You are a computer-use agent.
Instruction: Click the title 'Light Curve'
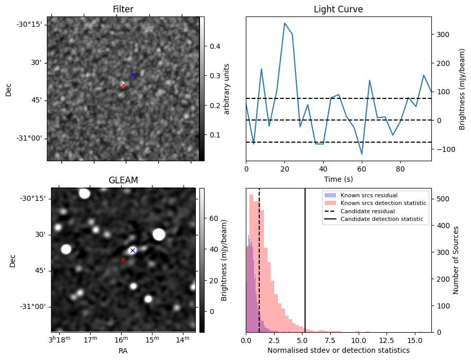tap(338, 9)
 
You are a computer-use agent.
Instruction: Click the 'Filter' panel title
tap(123, 9)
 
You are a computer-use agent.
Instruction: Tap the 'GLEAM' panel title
tap(123, 180)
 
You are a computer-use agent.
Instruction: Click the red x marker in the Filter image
tap(123, 84)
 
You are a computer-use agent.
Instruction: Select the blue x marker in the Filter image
tap(132, 75)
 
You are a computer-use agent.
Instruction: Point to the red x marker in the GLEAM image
tap(123, 260)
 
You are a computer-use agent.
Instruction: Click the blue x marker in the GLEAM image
tap(132, 250)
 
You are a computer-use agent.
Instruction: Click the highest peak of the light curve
tap(284, 23)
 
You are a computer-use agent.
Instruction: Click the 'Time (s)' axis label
tap(338, 179)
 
